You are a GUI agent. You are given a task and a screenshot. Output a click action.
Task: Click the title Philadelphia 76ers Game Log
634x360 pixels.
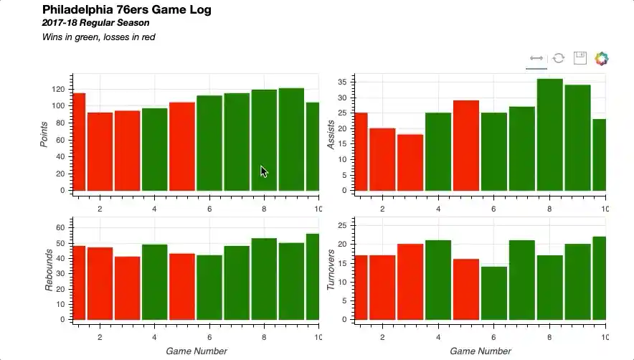[126, 9]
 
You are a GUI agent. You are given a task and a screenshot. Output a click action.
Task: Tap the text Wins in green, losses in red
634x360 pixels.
[99, 37]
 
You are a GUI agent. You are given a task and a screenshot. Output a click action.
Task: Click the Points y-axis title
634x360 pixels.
[44, 134]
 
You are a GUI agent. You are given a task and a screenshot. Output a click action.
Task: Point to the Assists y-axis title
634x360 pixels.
[331, 134]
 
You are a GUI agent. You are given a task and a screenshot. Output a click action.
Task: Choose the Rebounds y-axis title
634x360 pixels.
[49, 271]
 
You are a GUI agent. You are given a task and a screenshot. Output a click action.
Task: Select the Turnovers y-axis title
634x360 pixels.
[331, 270]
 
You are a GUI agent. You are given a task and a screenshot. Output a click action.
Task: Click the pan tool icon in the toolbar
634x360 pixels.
[536, 58]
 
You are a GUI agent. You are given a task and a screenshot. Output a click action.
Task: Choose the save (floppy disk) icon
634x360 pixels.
[580, 58]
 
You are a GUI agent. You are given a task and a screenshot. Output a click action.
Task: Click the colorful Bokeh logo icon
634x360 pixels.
[602, 58]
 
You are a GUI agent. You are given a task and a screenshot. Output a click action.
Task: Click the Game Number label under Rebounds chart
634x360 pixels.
[196, 351]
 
